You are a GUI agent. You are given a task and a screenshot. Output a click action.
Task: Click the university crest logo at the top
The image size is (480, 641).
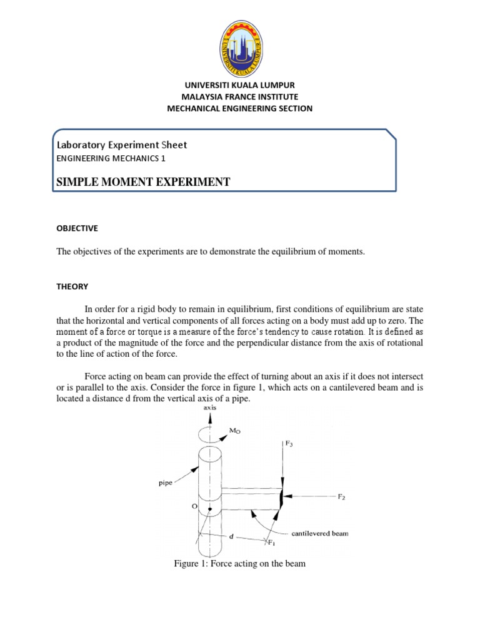239,40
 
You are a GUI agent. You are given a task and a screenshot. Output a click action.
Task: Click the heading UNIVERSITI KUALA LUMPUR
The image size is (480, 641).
239,85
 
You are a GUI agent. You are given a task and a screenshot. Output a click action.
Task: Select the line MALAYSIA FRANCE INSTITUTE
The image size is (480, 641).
239,96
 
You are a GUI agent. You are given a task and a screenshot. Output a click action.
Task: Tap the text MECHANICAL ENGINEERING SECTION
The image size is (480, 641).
239,108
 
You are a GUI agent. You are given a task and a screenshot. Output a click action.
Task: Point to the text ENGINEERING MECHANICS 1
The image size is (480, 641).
111,159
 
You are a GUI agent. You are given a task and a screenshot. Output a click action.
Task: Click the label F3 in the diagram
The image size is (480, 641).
289,443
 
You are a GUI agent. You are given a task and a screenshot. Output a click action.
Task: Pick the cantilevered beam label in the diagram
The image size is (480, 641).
319,534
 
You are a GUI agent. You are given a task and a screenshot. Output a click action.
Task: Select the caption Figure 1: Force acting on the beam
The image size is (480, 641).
239,564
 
